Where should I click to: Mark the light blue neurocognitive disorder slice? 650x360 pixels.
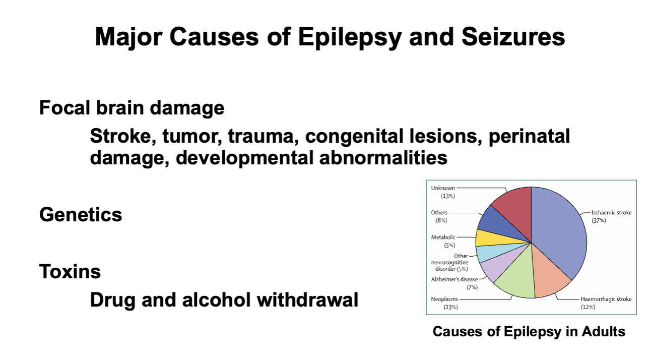point(493,252)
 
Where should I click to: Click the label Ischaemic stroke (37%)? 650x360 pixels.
point(611,216)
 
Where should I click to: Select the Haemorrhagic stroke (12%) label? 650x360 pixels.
point(606,303)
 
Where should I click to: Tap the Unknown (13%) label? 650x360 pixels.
point(443,192)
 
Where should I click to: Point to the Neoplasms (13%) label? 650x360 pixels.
point(444,303)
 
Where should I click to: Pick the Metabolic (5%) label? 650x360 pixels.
point(443,241)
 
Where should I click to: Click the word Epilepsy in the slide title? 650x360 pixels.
point(350,37)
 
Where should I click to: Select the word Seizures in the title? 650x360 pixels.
point(513,37)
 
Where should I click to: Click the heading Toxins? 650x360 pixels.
point(70,272)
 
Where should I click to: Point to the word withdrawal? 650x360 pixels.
point(307,299)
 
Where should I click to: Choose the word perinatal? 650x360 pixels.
point(529,137)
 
